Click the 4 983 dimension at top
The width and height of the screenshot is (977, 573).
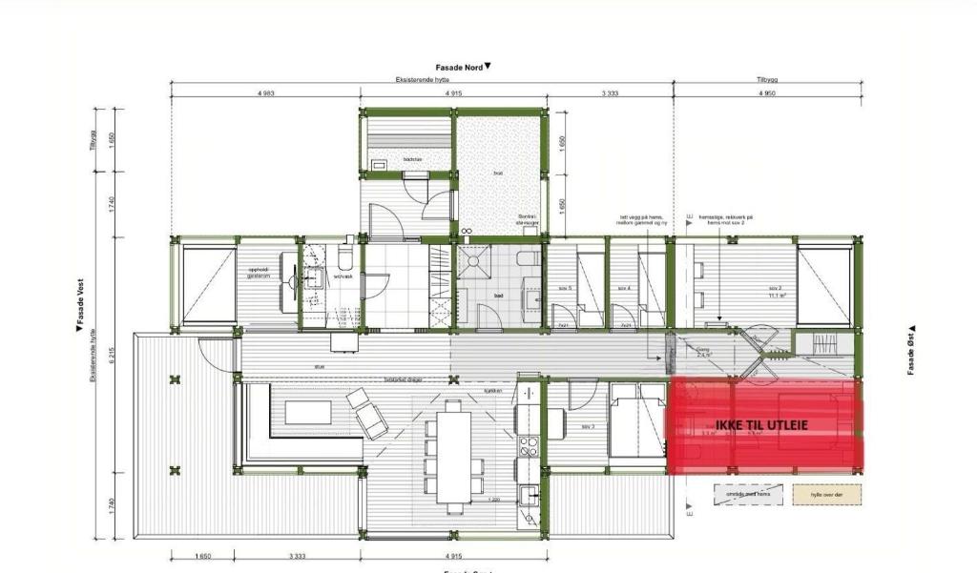tap(265, 93)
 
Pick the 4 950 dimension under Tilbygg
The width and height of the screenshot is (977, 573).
tap(766, 93)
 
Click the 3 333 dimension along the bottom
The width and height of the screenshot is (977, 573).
tap(297, 556)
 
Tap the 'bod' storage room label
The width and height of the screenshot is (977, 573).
tap(498, 173)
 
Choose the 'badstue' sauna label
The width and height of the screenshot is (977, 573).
tap(412, 158)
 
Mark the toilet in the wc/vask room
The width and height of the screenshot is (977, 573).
tap(345, 260)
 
